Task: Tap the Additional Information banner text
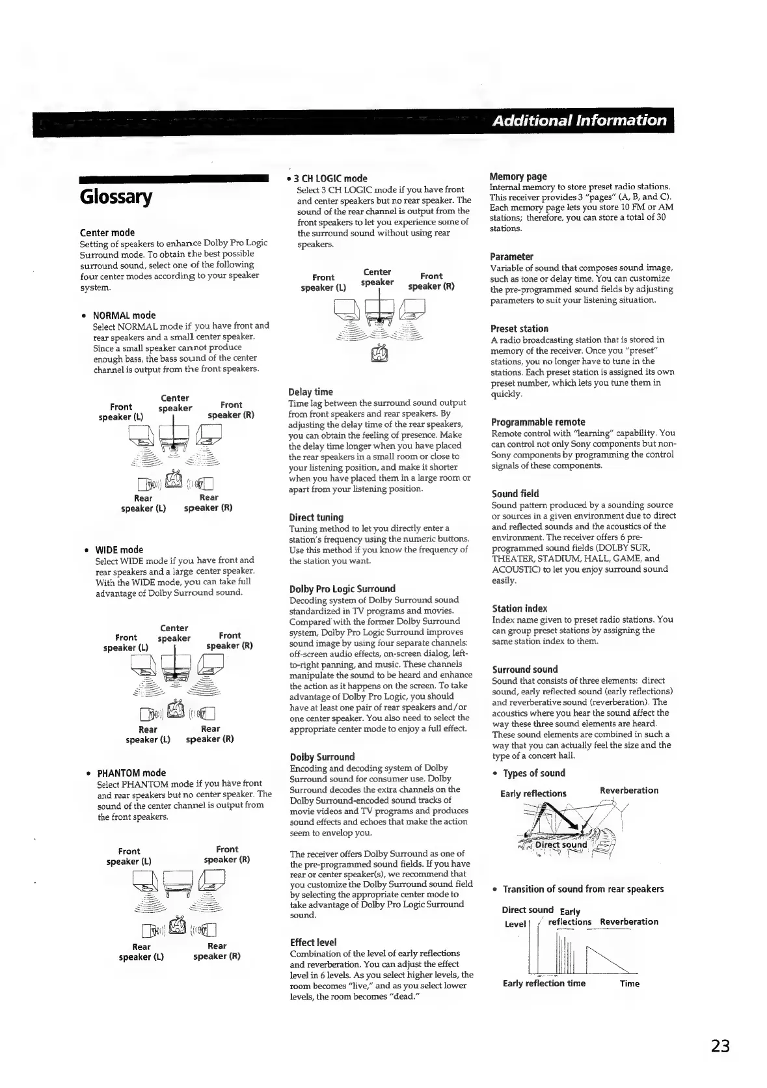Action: click(x=580, y=120)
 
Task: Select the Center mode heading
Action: click(x=107, y=232)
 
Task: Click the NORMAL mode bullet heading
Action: click(x=124, y=315)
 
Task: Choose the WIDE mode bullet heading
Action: click(x=119, y=549)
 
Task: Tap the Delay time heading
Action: click(x=310, y=392)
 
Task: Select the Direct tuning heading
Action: click(x=316, y=517)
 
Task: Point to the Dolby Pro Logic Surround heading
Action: click(x=342, y=589)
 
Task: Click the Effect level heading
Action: click(x=313, y=942)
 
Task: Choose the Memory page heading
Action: click(x=518, y=176)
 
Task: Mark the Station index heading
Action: click(x=520, y=608)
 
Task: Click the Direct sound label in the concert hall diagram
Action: click(x=561, y=845)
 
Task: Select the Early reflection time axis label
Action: click(x=544, y=983)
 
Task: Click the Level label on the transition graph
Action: click(x=515, y=924)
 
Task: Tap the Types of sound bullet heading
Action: click(x=534, y=773)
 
